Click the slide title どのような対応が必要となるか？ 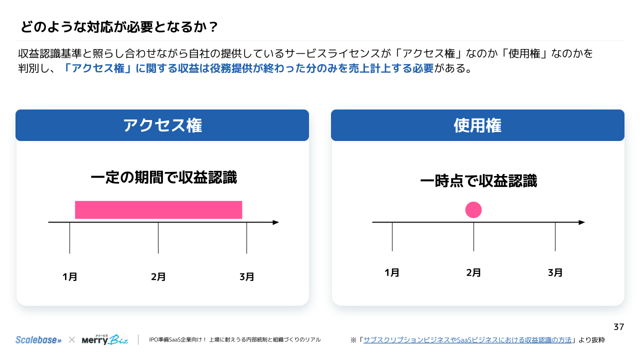tap(119, 26)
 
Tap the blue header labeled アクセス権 tap(162, 125)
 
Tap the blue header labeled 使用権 tap(477, 125)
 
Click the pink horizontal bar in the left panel tap(158, 210)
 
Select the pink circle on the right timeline tap(473, 210)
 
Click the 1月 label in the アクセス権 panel tap(70, 277)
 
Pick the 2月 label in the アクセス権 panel tap(158, 277)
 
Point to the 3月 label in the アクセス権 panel tap(247, 277)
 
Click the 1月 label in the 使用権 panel tap(392, 273)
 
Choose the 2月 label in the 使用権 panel tap(473, 273)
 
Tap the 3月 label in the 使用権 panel tap(555, 273)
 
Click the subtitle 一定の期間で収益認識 tap(163, 177)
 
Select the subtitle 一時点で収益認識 tap(478, 181)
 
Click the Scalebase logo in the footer tap(38, 340)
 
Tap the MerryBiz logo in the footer tap(105, 340)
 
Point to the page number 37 tap(619, 327)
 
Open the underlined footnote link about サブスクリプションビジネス tap(467, 340)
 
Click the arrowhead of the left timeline tap(275, 222)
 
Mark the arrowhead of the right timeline tap(581, 222)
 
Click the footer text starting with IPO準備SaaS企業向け tap(234, 340)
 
